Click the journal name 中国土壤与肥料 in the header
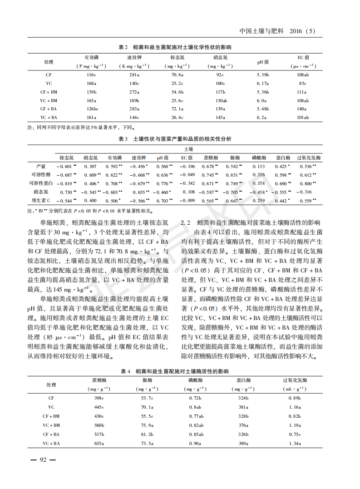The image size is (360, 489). (x=261, y=31)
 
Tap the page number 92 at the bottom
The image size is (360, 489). (x=43, y=460)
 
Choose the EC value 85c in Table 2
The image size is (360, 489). (x=303, y=84)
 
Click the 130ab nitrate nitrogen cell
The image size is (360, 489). (x=221, y=100)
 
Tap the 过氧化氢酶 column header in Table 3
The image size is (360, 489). (x=309, y=158)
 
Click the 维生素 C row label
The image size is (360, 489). (x=42, y=200)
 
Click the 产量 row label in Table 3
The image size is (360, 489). (x=42, y=166)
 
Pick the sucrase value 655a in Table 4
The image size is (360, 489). (x=99, y=444)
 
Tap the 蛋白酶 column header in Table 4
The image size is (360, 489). (x=243, y=380)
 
